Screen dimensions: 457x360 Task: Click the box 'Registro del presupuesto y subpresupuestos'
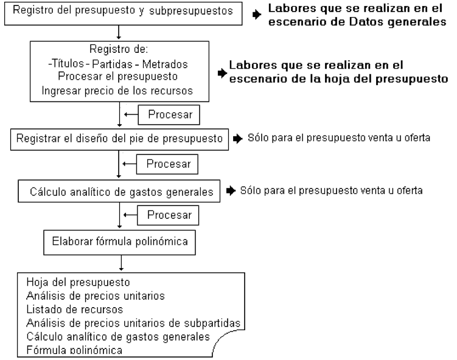pos(124,13)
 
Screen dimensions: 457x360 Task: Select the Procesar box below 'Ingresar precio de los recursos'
pos(169,115)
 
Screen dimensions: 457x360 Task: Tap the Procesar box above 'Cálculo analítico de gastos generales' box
pos(167,164)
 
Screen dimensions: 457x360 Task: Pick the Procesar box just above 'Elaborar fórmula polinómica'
pos(168,215)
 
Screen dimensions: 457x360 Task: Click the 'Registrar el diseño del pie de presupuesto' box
pos(119,139)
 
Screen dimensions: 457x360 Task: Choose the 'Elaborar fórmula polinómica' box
pos(119,243)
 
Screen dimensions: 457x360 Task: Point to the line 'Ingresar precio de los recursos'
pos(117,91)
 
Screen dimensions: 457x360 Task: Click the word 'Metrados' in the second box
pos(165,64)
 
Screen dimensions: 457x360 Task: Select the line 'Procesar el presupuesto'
pos(117,76)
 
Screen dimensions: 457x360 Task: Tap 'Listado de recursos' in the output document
pos(75,310)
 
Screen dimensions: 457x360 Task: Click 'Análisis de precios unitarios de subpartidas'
pos(133,323)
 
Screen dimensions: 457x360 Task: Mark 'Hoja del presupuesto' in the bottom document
pos(78,282)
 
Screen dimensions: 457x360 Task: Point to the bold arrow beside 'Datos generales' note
pos(257,14)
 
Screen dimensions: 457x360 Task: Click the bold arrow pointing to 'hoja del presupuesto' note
pos(222,73)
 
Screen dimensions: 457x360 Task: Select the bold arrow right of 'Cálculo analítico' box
pos(231,191)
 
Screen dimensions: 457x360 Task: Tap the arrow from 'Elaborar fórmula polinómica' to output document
pos(121,263)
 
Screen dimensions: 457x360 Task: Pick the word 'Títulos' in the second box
pos(68,63)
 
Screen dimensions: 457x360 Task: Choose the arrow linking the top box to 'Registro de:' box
pos(119,32)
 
